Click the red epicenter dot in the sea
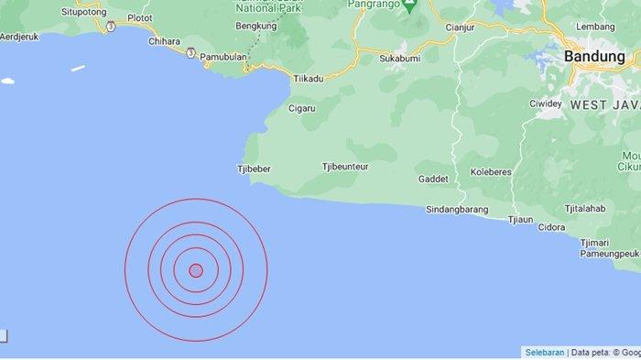(195, 269)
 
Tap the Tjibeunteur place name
(345, 167)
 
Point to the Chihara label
(163, 41)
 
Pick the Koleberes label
(491, 171)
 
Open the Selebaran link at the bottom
(545, 352)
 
